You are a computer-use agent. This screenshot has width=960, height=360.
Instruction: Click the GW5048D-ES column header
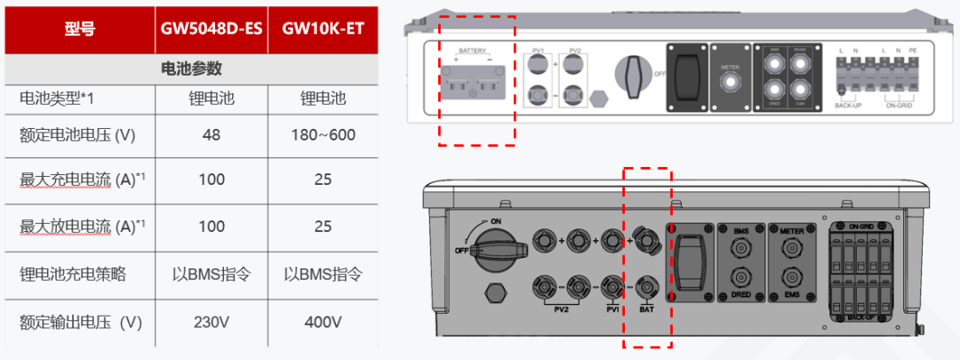click(x=212, y=28)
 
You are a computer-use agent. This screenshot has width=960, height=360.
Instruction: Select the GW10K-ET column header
click(x=323, y=28)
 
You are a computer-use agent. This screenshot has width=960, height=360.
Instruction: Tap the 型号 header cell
click(x=79, y=28)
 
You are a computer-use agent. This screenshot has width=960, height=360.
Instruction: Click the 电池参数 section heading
click(x=190, y=68)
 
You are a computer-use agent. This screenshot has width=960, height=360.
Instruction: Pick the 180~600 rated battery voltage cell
click(x=323, y=134)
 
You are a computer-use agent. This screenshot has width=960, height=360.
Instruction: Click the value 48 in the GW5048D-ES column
click(x=212, y=134)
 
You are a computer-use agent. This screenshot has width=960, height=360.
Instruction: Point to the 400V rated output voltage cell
click(x=323, y=321)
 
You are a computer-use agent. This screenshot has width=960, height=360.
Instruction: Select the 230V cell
click(x=212, y=321)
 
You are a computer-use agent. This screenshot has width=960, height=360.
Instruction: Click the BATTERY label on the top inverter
click(x=471, y=52)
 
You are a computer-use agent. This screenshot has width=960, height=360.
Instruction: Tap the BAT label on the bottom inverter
click(x=647, y=309)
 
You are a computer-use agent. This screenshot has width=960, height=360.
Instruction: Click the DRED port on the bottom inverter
click(x=740, y=277)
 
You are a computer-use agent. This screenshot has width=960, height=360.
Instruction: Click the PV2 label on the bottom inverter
click(x=561, y=309)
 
